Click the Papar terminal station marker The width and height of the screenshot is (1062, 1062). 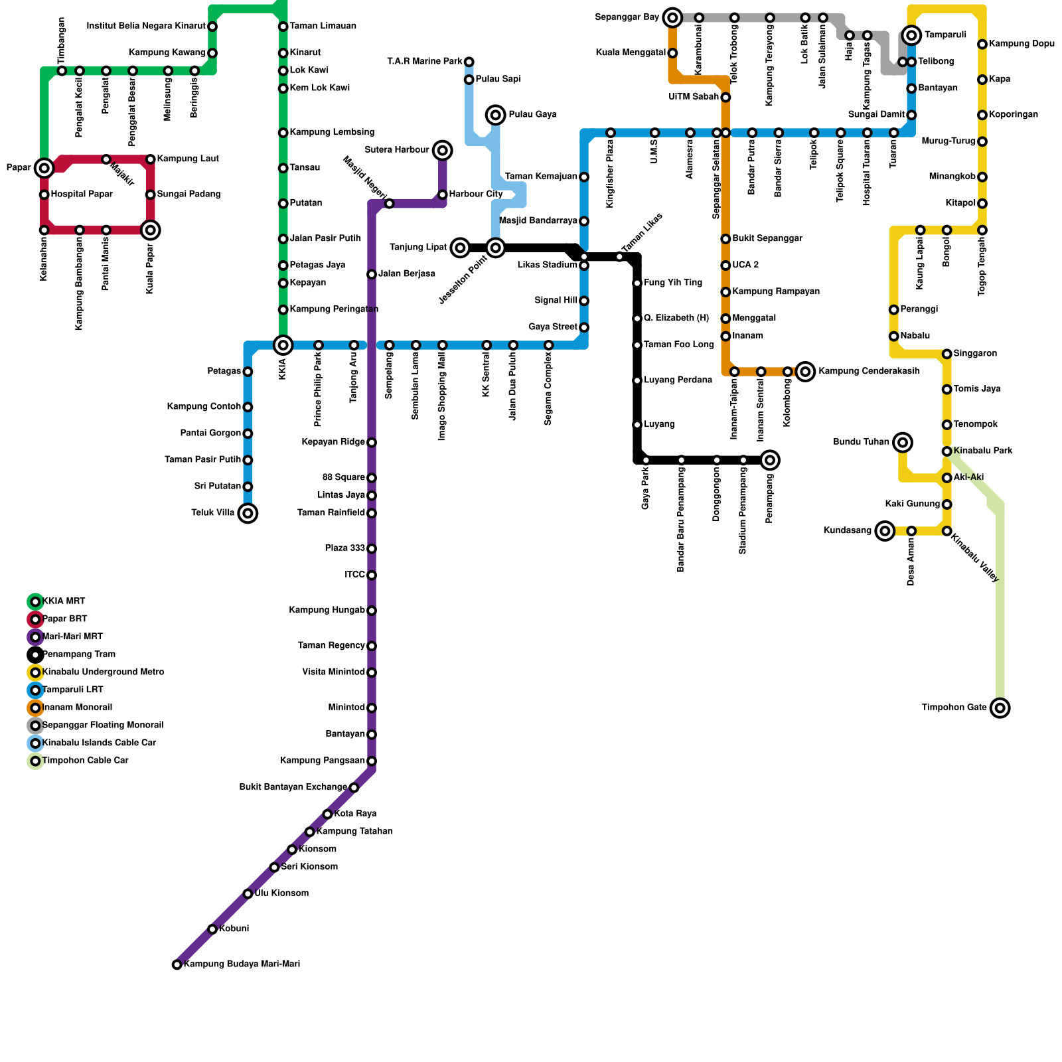[x=44, y=168]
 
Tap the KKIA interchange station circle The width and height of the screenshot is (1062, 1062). [x=283, y=345]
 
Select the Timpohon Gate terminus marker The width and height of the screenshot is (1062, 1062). [x=1000, y=708]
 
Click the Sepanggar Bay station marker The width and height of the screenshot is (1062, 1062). [x=673, y=17]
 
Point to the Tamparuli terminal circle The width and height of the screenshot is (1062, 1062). [x=912, y=35]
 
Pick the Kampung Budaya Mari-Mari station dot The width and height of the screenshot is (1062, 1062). [x=177, y=964]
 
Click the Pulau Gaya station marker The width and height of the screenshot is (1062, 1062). [x=496, y=115]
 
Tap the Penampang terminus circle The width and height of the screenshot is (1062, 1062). [x=770, y=460]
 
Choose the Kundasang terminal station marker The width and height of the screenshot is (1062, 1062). [x=884, y=531]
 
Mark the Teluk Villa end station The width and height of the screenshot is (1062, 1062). [x=248, y=513]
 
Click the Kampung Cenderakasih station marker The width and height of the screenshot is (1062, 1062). [x=805, y=372]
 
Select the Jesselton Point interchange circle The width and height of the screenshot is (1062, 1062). [x=496, y=248]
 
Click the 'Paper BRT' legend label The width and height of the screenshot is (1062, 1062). [x=64, y=619]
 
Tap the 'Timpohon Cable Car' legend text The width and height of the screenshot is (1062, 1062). [x=85, y=761]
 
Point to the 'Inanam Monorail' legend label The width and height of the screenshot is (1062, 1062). [x=77, y=708]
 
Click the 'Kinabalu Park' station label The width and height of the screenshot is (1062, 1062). [x=983, y=451]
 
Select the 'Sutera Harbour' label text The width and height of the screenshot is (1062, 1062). [x=397, y=150]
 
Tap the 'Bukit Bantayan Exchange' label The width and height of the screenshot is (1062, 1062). [x=293, y=787]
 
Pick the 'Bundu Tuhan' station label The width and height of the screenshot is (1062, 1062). [x=861, y=442]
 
